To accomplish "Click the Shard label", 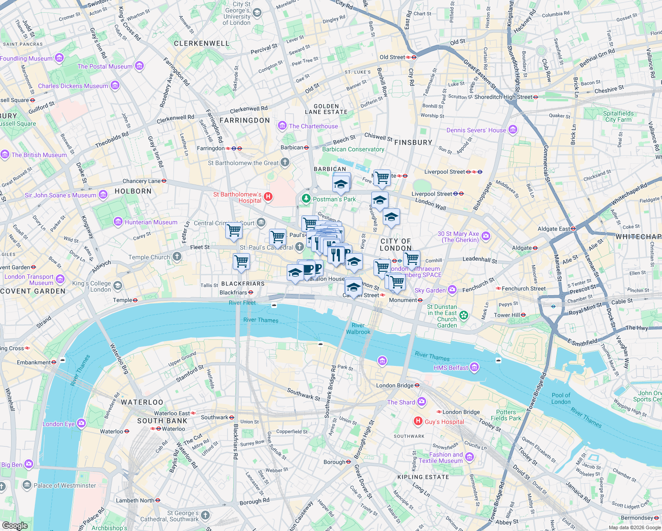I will (401, 402).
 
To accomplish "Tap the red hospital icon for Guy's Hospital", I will (418, 421).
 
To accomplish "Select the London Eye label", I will (58, 424).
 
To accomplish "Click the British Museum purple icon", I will (5, 154).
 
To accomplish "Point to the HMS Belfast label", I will (450, 368).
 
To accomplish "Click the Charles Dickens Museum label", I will (73, 86).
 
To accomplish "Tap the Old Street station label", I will (392, 57).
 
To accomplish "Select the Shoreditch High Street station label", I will (503, 97).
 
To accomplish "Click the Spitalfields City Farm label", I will (618, 116).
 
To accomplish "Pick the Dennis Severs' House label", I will (476, 130).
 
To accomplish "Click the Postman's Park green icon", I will (306, 199).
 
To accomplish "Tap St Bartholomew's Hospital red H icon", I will (268, 196).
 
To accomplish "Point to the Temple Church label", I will (149, 257).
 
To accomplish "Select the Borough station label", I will (334, 462).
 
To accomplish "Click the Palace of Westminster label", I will (65, 485).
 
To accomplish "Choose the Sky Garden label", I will (430, 290).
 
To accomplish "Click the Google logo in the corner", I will (15, 526).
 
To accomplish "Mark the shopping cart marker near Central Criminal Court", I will (234, 230).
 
